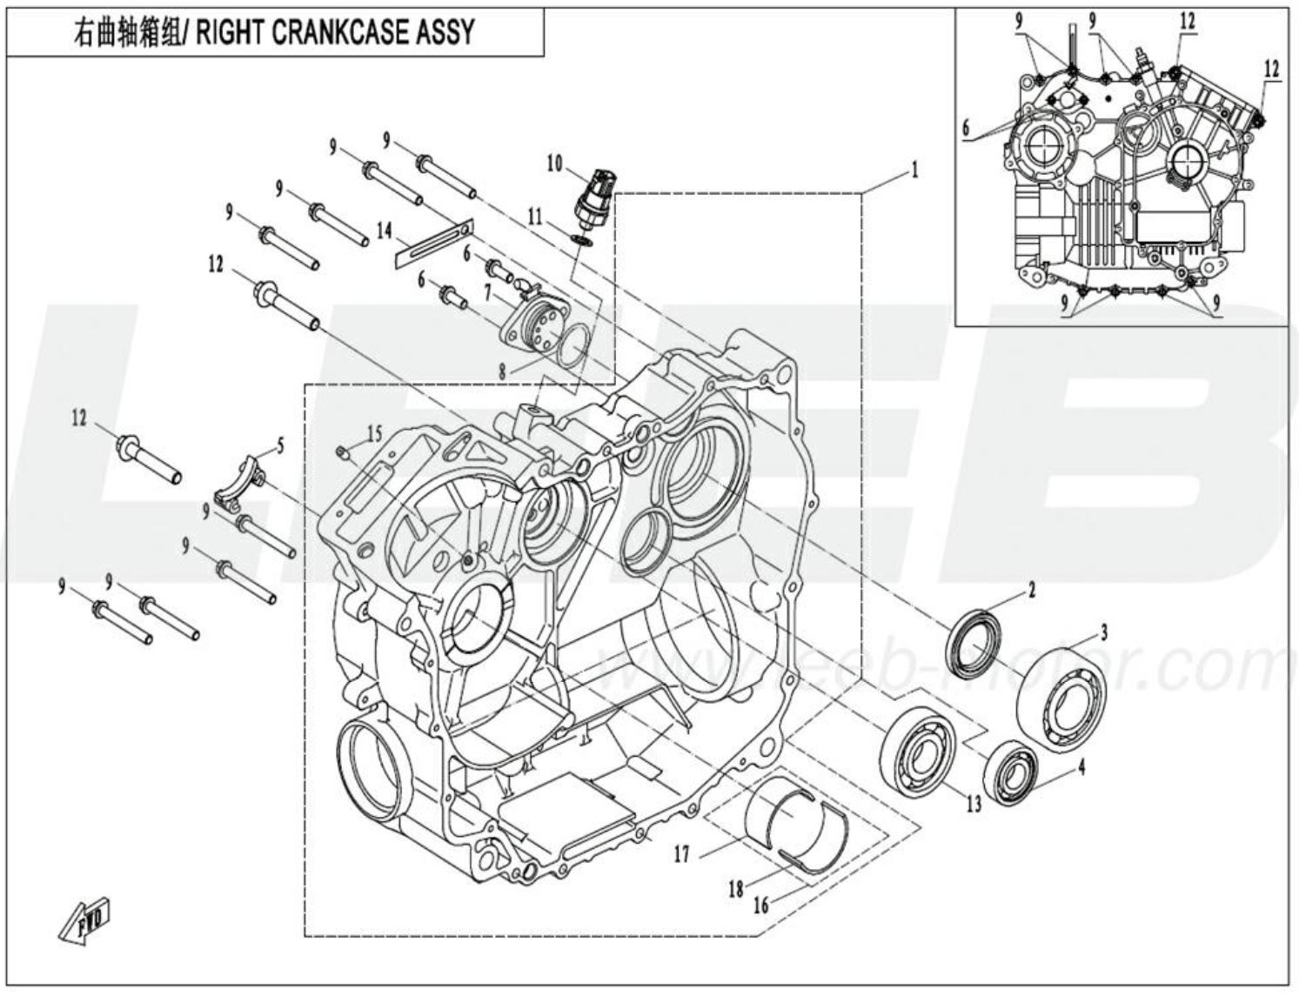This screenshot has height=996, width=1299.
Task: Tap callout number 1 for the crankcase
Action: click(x=914, y=170)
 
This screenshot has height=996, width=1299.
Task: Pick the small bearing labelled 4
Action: click(x=1013, y=772)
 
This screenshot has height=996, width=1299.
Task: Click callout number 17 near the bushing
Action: click(x=681, y=854)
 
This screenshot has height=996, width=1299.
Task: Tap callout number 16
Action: click(x=761, y=906)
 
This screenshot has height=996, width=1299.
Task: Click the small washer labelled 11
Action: click(x=581, y=237)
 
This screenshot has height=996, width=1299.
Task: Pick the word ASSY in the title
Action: click(x=445, y=31)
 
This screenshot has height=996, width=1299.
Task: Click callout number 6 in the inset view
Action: click(x=966, y=127)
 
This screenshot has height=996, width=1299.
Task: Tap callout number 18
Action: click(x=736, y=889)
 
